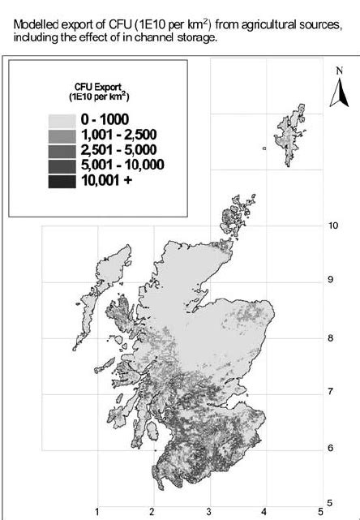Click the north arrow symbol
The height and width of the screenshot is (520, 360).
(x=339, y=97)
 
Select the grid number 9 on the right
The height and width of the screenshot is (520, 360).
(x=330, y=280)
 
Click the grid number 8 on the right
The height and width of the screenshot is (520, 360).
(x=330, y=338)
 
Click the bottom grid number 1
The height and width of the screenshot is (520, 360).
(x=98, y=511)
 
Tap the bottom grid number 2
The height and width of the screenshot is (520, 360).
(x=152, y=511)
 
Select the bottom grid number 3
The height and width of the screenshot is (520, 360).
(x=208, y=511)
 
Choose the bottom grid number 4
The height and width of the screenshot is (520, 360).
(x=264, y=511)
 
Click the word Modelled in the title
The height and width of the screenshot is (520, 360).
(x=40, y=25)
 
